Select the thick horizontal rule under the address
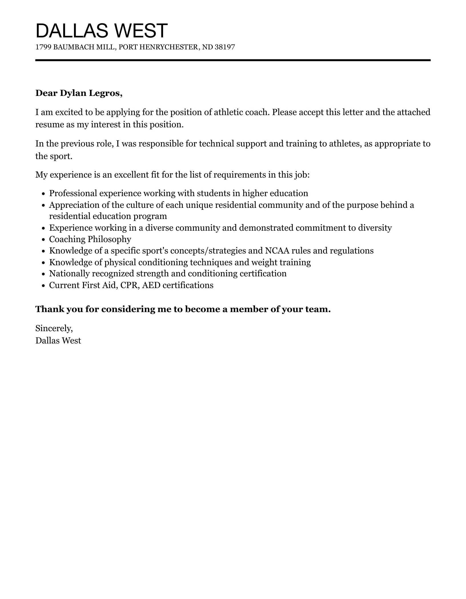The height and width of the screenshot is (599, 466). [x=233, y=60]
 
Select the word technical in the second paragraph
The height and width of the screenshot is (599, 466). [x=216, y=143]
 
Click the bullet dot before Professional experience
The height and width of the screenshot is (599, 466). [x=43, y=194]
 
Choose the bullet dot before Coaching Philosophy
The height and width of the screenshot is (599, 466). [x=43, y=240]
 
